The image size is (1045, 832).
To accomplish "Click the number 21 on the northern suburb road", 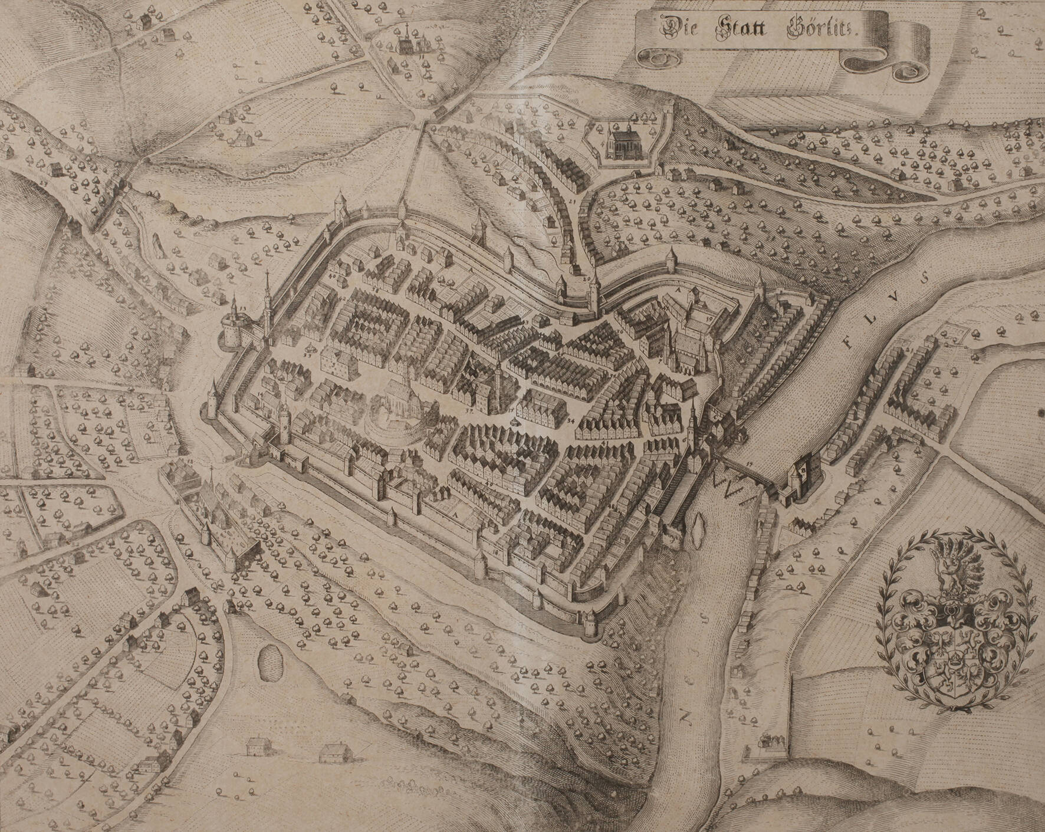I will [x=573, y=201].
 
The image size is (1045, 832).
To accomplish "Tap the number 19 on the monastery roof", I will [x=710, y=318].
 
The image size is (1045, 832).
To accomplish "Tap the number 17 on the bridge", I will [x=750, y=465].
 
